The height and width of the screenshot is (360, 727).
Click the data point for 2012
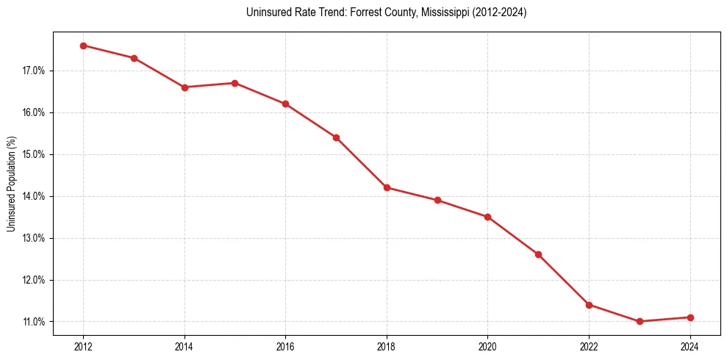83,46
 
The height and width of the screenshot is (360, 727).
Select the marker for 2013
134,58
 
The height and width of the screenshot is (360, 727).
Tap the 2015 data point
234,83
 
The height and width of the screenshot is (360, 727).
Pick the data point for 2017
336,137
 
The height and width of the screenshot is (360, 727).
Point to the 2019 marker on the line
437,200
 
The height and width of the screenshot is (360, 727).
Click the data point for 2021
538,254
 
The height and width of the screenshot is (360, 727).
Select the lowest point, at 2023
640,321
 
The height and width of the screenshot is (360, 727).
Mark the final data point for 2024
690,317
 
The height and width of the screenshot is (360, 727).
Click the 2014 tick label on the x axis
185,346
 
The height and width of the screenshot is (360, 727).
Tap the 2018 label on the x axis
387,346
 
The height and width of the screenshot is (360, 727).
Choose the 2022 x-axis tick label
589,346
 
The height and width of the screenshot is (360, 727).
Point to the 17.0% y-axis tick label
34,71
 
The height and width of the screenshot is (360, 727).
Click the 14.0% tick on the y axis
34,197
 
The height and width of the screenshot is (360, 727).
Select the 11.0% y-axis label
34,322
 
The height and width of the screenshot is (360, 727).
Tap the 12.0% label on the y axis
34,281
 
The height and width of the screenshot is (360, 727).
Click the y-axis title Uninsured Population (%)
11,184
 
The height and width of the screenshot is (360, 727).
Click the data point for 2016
285,104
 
